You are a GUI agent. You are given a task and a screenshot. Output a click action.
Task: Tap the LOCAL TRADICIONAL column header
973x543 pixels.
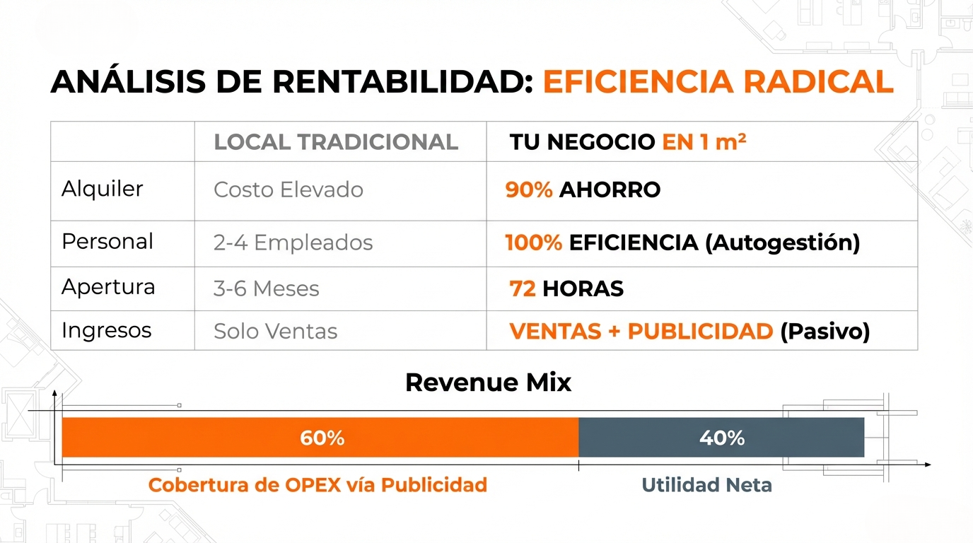pyautogui.click(x=336, y=142)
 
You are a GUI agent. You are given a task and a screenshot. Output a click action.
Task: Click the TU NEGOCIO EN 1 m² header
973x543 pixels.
pyautogui.click(x=628, y=142)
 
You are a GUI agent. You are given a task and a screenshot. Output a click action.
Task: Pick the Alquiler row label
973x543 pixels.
pyautogui.click(x=103, y=189)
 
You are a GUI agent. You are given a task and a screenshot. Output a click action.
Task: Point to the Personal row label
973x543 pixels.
pyautogui.click(x=107, y=241)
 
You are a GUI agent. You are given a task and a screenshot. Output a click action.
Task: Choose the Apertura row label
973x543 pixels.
pyautogui.click(x=108, y=287)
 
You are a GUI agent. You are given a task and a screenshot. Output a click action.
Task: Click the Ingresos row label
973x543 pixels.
pyautogui.click(x=107, y=330)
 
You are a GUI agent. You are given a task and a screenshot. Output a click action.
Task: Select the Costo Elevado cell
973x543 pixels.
pyautogui.click(x=289, y=189)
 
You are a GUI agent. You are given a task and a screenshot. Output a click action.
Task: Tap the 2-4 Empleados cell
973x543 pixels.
pyautogui.click(x=293, y=243)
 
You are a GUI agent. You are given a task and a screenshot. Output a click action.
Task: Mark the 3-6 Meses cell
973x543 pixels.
pyautogui.click(x=266, y=288)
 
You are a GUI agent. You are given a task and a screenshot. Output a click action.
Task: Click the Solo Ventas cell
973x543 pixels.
pyautogui.click(x=275, y=331)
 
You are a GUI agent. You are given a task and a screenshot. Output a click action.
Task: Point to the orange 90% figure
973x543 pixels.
pyautogui.click(x=529, y=189)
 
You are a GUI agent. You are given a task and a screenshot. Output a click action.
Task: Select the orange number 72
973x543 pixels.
pyautogui.click(x=523, y=288)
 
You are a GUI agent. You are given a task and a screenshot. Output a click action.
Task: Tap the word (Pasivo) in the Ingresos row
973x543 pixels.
pyautogui.click(x=825, y=331)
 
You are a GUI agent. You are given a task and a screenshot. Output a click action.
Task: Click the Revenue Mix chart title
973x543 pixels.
pyautogui.click(x=488, y=383)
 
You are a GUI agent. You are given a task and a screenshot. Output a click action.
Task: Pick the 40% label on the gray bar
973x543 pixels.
pyautogui.click(x=722, y=438)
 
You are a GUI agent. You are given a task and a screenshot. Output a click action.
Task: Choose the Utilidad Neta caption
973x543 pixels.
pyautogui.click(x=706, y=485)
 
